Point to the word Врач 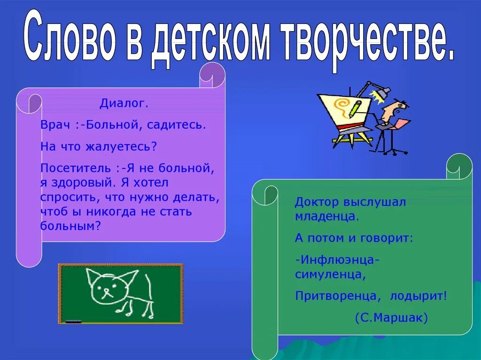point(55,125)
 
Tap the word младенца point(327,216)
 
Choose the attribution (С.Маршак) point(391,318)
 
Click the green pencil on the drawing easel point(356,107)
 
